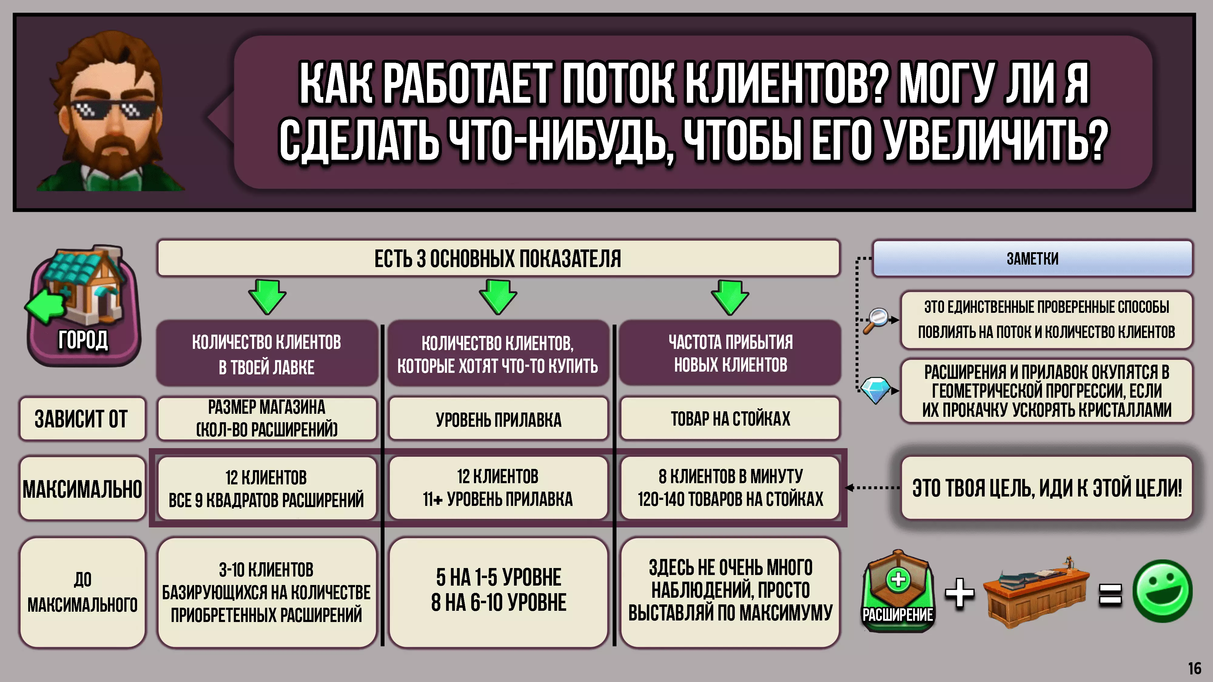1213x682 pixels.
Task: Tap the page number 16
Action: (x=1195, y=668)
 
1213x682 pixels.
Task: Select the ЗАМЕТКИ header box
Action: (x=1032, y=258)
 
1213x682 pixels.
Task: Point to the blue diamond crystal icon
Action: (x=875, y=390)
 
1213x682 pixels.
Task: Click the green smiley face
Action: (x=1162, y=591)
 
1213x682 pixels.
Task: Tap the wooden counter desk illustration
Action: (x=1036, y=593)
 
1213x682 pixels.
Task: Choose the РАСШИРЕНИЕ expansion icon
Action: (x=898, y=591)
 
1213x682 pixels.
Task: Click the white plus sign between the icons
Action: (x=959, y=593)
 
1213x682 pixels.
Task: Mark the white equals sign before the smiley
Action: (x=1110, y=594)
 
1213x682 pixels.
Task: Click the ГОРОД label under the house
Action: (x=83, y=340)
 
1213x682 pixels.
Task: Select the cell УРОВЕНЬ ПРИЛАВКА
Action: (x=498, y=419)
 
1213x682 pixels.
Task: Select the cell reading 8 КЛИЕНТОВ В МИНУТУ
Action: (x=730, y=488)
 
